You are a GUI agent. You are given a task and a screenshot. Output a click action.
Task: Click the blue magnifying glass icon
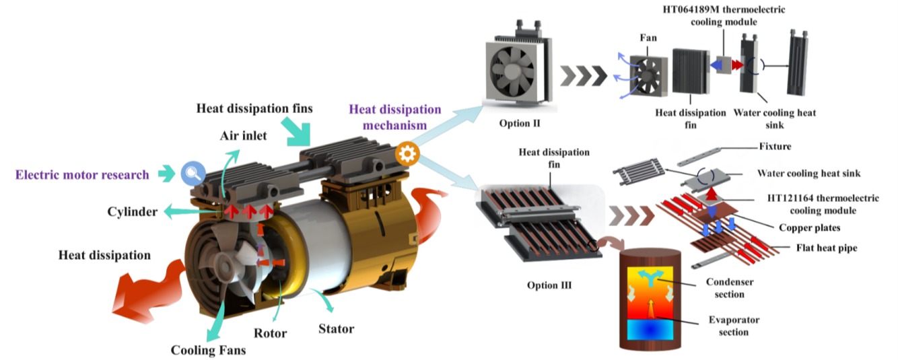tap(192, 174)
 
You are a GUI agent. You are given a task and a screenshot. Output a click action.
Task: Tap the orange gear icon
tap(407, 153)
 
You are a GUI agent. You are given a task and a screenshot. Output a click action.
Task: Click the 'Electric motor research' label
tap(83, 175)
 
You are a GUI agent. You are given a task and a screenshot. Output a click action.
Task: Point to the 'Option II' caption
tap(521, 124)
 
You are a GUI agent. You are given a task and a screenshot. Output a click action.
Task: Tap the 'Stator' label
tap(336, 328)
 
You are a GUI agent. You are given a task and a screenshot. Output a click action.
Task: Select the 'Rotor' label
tap(271, 333)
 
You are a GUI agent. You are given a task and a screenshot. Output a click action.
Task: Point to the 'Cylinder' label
tap(133, 212)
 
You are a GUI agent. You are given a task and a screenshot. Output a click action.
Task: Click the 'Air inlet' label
tap(243, 136)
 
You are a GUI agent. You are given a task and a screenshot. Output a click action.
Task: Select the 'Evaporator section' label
tap(727, 326)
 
